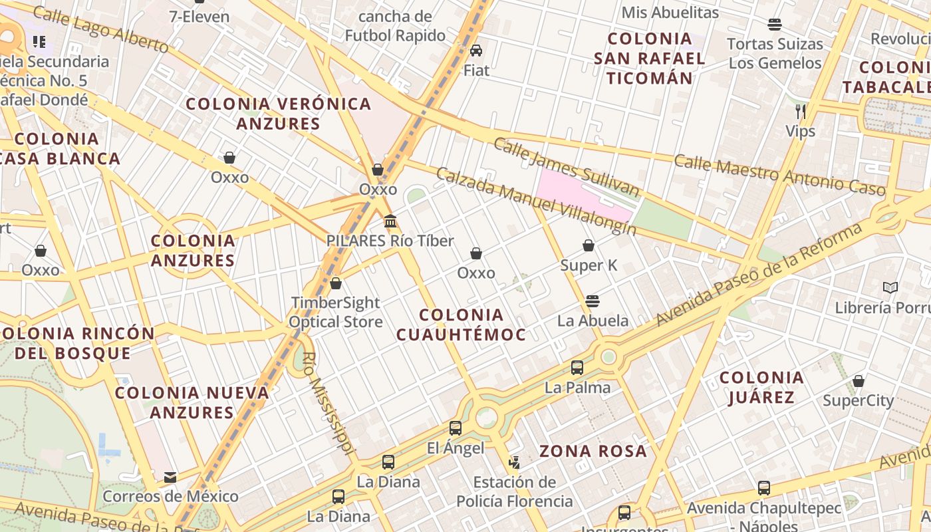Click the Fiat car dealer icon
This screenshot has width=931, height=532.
[x=476, y=51]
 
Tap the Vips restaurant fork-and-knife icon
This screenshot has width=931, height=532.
[x=801, y=111]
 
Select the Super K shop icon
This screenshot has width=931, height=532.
[x=589, y=246]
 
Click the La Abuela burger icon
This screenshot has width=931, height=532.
[x=593, y=301]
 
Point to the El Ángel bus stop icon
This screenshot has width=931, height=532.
[x=456, y=428]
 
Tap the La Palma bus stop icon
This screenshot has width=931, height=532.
[x=577, y=368]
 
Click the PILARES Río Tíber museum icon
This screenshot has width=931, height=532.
[x=390, y=221]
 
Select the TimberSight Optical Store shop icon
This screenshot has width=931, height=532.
[x=336, y=283]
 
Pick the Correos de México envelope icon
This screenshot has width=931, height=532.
[x=170, y=477]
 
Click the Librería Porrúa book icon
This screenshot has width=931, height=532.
[x=890, y=288]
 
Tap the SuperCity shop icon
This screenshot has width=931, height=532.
[x=859, y=381]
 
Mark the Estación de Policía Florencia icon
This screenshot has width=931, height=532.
[x=514, y=462]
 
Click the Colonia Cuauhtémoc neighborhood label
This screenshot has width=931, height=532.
[x=462, y=325]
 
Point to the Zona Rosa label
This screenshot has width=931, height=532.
[x=593, y=452]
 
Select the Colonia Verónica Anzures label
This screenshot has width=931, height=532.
[x=279, y=114]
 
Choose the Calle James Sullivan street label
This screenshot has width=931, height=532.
[x=567, y=168]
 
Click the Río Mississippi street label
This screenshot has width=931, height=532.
[x=327, y=402]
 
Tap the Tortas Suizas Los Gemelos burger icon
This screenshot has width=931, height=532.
[x=775, y=25]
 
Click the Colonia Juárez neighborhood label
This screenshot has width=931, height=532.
[x=762, y=388]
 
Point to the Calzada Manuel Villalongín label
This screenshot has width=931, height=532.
[x=536, y=201]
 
